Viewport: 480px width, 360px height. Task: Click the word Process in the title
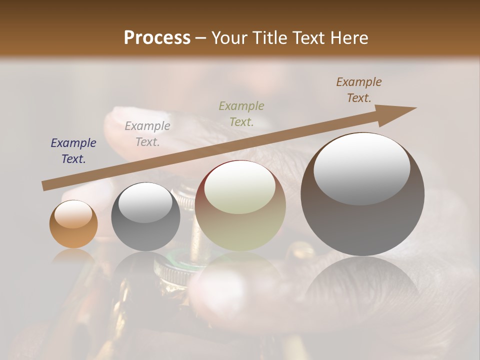tap(157, 38)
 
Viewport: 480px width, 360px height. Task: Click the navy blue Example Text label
tap(73, 151)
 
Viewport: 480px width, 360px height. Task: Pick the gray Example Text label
tap(147, 134)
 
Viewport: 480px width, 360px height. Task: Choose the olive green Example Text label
tap(241, 113)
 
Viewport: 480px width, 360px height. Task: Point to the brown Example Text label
tap(359, 90)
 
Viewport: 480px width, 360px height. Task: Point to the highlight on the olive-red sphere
tap(240, 188)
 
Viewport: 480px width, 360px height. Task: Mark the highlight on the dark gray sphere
tap(145, 202)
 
